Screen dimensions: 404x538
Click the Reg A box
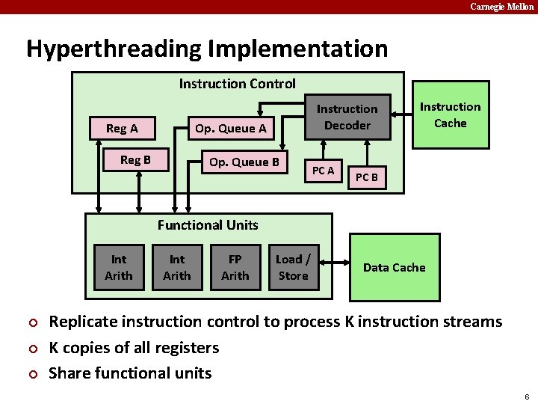click(x=122, y=128)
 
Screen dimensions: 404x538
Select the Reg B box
click(x=135, y=160)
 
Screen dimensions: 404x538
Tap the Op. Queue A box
click(x=230, y=128)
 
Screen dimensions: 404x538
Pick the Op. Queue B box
click(x=244, y=162)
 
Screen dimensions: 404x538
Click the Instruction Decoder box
click(x=347, y=117)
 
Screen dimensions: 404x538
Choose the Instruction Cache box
click(x=450, y=114)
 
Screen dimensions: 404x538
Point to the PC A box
click(x=323, y=171)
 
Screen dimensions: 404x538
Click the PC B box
click(x=366, y=177)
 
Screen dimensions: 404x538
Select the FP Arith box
click(x=235, y=267)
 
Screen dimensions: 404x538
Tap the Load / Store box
click(x=293, y=267)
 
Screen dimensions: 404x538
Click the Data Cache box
click(x=394, y=267)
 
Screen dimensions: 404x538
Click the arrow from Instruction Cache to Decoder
click(x=403, y=114)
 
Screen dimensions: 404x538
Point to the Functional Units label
click(x=208, y=224)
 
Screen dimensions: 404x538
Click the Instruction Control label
click(x=237, y=84)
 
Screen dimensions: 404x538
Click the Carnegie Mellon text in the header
click(x=501, y=7)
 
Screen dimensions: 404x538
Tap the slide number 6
click(x=527, y=396)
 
